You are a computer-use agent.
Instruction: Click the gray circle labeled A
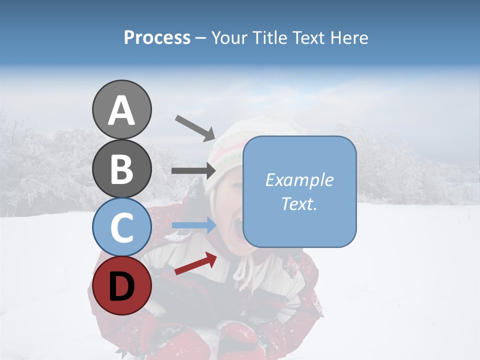point(121,110)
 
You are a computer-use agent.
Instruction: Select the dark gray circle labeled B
point(121,168)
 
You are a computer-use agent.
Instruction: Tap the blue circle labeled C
point(121,227)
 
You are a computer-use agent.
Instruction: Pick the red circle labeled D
point(121,286)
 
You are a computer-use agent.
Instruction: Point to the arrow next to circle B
point(193,171)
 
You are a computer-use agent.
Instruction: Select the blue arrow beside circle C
point(194,225)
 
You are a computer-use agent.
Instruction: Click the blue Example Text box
point(299,191)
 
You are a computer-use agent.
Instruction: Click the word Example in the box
point(299,180)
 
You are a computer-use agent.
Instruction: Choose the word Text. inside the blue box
point(299,203)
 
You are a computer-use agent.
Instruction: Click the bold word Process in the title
point(157,38)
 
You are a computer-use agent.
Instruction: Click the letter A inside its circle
point(121,111)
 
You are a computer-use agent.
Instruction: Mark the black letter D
point(121,287)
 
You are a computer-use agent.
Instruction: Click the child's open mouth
point(235,229)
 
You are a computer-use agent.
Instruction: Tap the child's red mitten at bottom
point(237,340)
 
